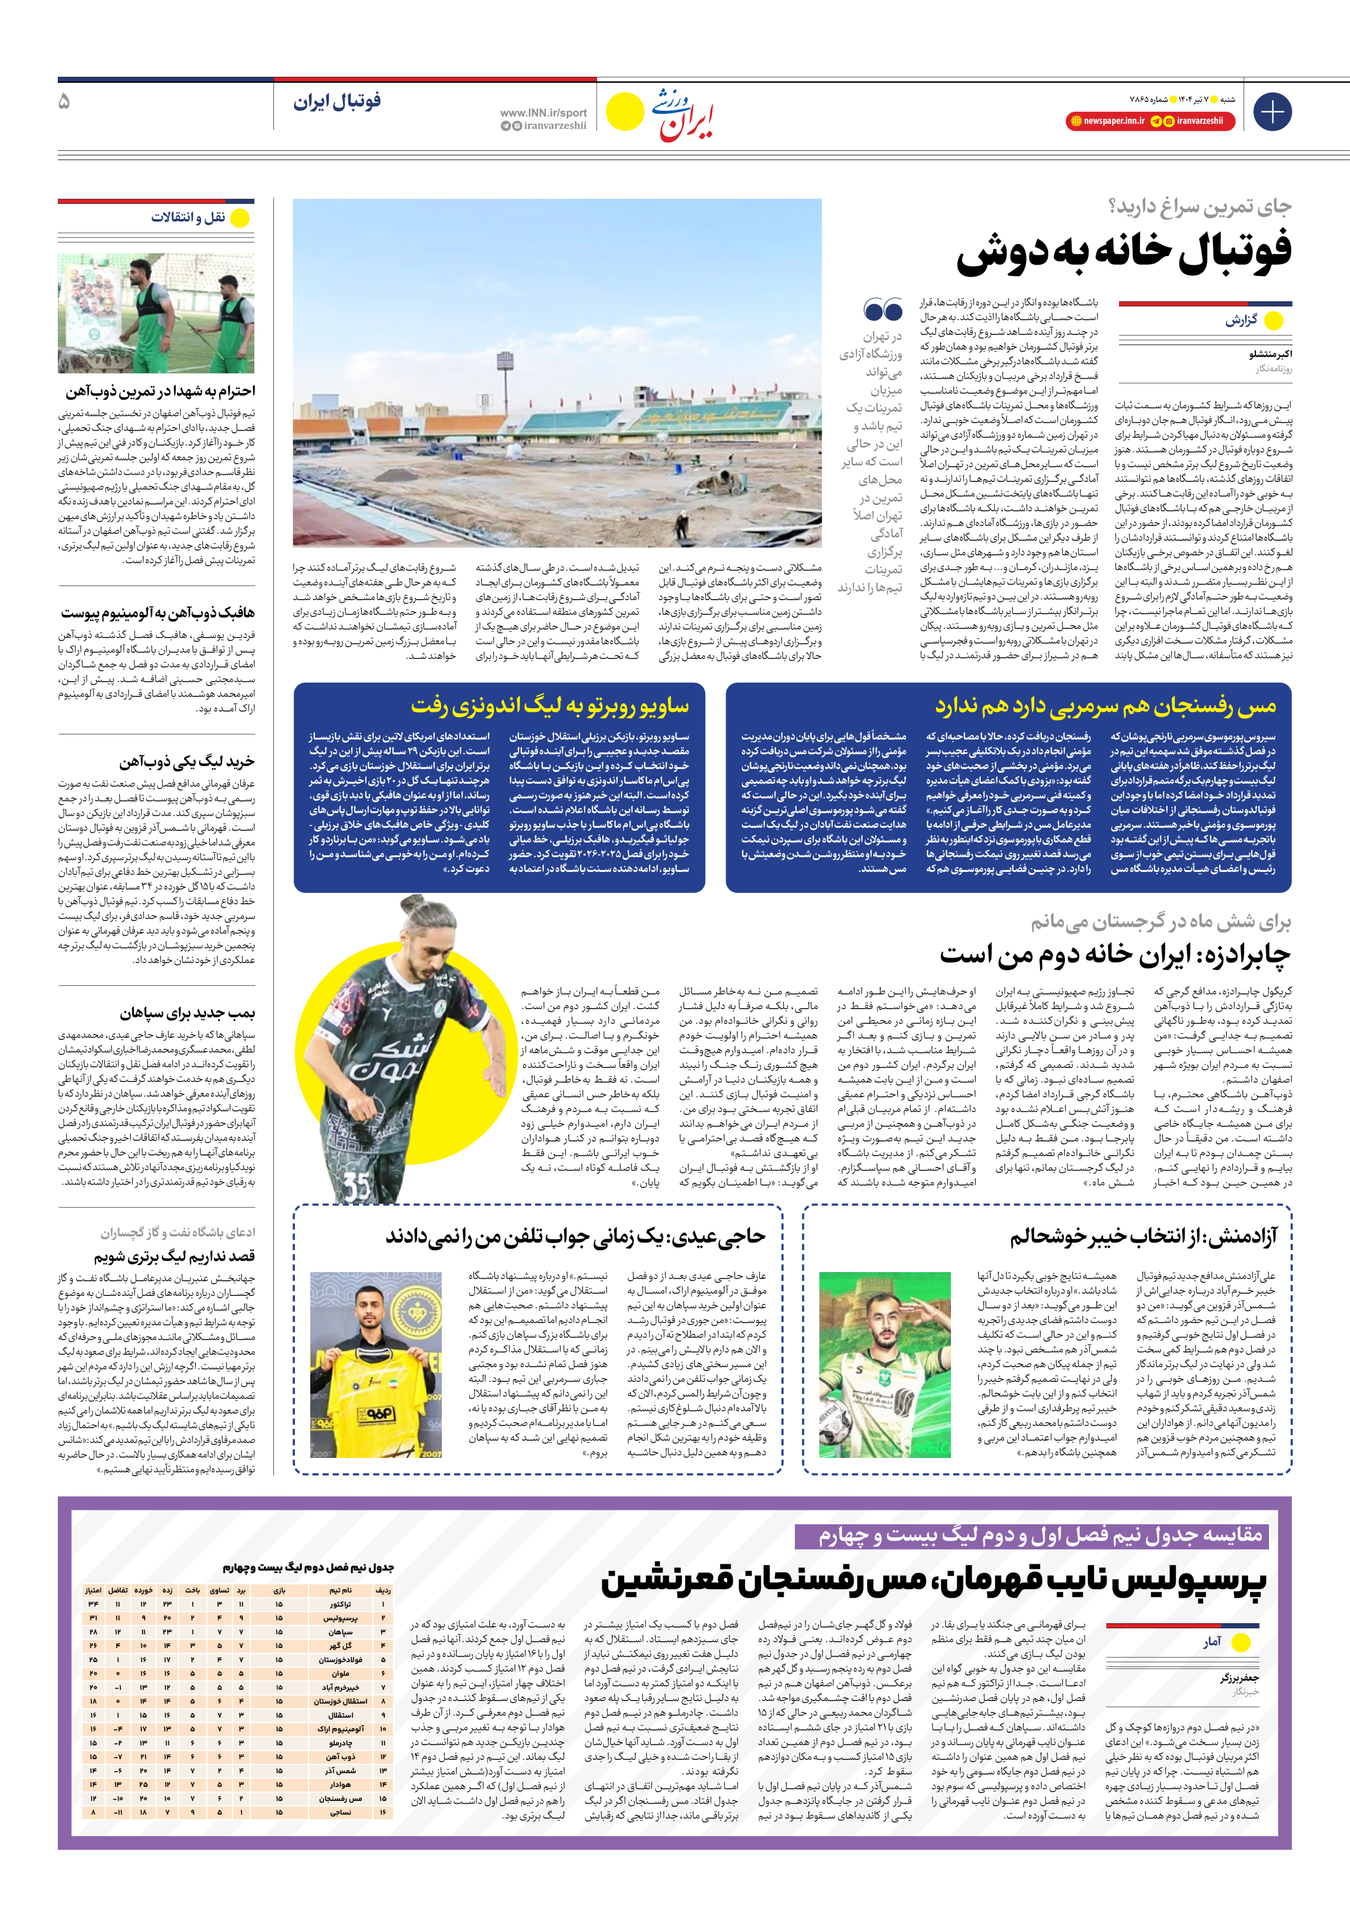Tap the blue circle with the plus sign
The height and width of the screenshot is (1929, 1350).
1272,112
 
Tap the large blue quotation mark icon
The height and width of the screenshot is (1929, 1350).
883,311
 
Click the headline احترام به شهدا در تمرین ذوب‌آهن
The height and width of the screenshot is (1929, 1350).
160,392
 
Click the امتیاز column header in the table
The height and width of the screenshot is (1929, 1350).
93,1590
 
